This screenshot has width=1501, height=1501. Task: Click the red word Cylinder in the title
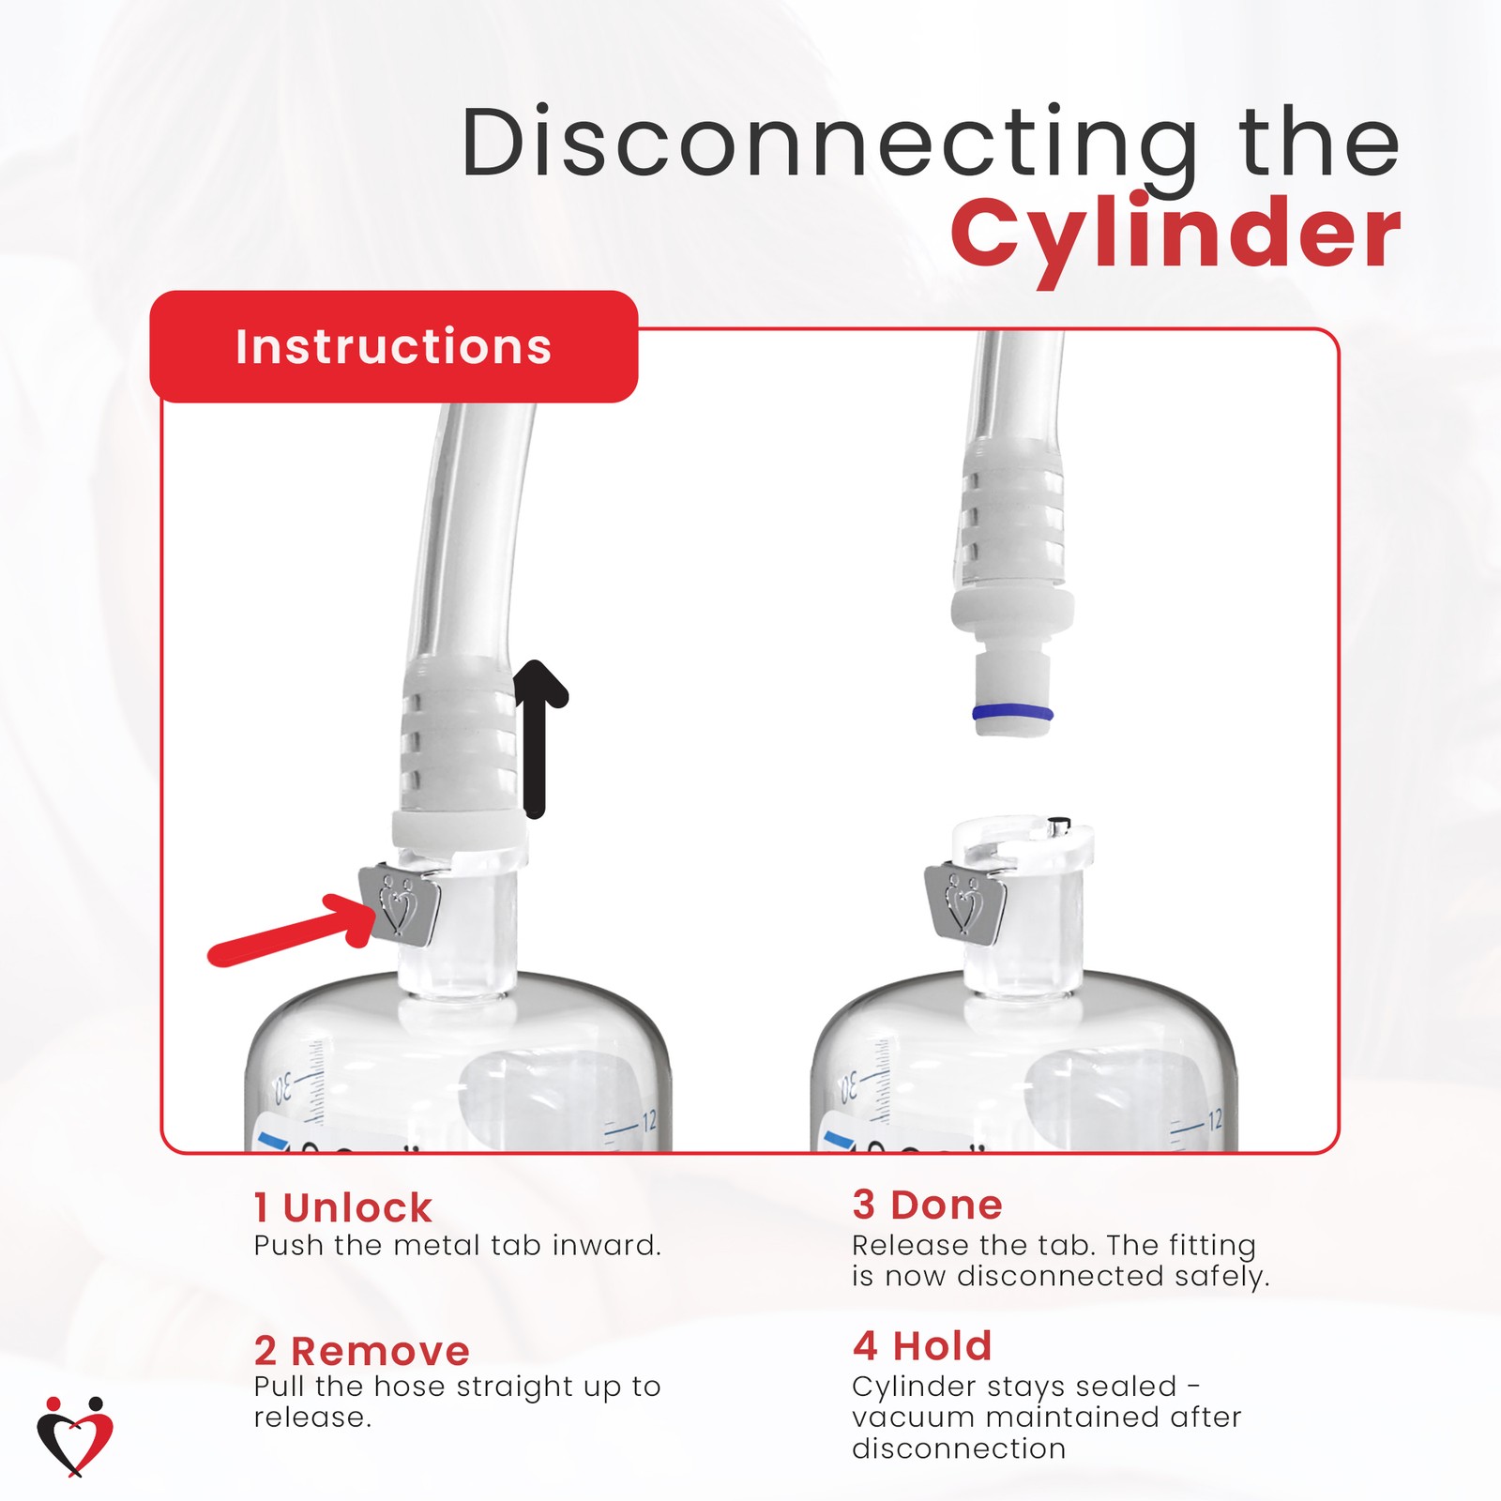click(x=1175, y=235)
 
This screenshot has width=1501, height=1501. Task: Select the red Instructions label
click(x=393, y=347)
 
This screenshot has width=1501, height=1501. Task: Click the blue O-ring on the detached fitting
click(x=1012, y=713)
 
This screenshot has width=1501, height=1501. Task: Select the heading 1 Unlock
click(x=342, y=1208)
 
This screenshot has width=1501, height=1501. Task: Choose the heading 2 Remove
click(x=361, y=1351)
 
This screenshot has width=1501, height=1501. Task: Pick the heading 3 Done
click(x=927, y=1205)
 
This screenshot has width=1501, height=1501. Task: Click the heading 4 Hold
click(x=921, y=1346)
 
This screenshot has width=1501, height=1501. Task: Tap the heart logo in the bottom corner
click(x=75, y=1435)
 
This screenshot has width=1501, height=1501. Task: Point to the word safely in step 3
click(x=1222, y=1277)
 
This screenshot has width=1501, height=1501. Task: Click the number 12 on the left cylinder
click(x=648, y=1121)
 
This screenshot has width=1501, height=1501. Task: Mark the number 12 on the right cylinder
click(x=1214, y=1120)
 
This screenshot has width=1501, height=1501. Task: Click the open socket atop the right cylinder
click(x=1023, y=840)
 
